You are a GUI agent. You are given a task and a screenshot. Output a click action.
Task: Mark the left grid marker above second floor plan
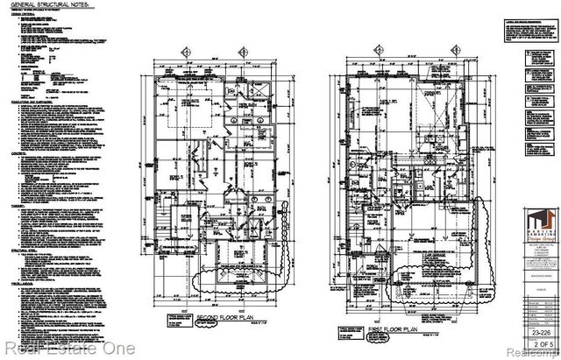187,52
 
